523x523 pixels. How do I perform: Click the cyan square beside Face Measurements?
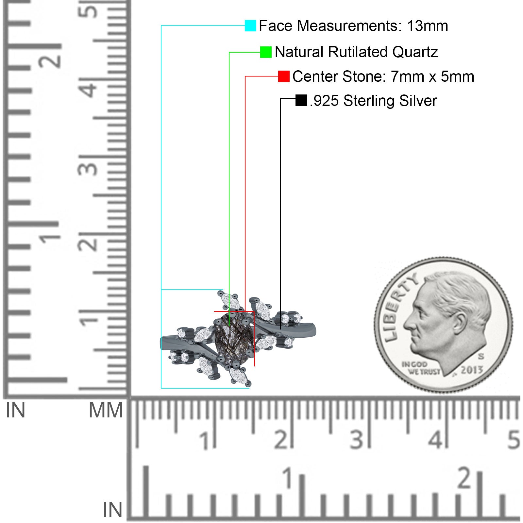(250, 25)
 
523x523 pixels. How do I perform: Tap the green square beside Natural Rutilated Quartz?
(266, 52)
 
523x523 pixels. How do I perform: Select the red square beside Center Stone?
(284, 76)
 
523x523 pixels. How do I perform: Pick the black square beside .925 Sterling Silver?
(301, 100)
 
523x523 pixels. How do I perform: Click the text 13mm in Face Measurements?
(427, 26)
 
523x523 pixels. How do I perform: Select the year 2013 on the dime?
(472, 370)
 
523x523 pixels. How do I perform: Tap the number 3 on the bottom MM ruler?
(357, 440)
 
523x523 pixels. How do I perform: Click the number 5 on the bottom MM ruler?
(514, 440)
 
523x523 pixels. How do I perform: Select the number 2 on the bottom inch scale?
(465, 478)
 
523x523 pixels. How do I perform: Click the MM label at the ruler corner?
(106, 411)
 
